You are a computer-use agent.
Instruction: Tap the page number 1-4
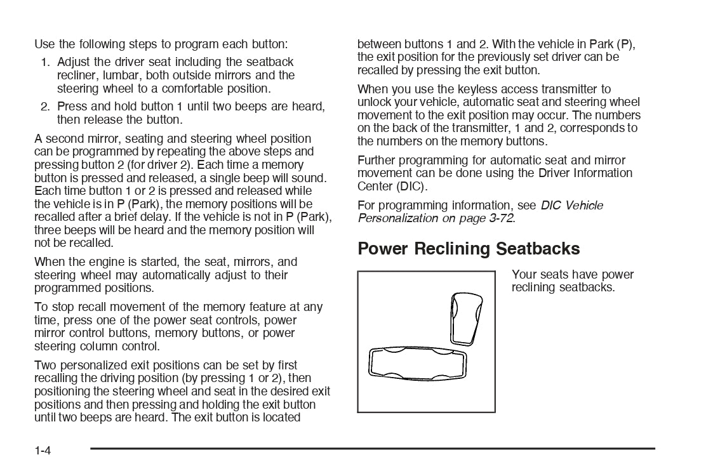pos(43,451)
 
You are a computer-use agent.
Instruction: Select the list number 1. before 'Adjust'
pos(46,62)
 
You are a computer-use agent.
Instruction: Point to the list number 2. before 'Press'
pos(46,107)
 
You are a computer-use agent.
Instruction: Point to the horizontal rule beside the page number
pos(372,449)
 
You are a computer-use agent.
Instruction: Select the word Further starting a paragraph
pos(377,160)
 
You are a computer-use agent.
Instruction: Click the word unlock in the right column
pos(374,102)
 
